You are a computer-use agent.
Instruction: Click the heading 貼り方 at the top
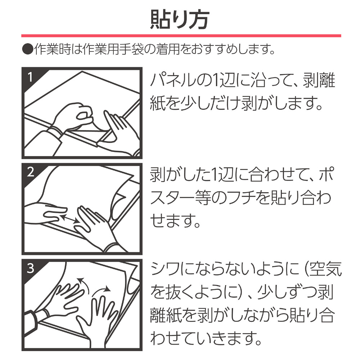coord(180,19)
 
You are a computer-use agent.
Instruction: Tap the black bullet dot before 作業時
coord(28,49)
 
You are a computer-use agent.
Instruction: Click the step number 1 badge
coord(30,77)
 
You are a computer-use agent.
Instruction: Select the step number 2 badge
coord(30,172)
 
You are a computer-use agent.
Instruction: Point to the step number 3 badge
coord(30,268)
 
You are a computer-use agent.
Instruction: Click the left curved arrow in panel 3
coord(84,285)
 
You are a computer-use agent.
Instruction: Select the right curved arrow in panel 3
coord(101,291)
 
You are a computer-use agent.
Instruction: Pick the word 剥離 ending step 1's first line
coord(319,80)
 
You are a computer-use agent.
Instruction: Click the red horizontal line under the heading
coord(181,36)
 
